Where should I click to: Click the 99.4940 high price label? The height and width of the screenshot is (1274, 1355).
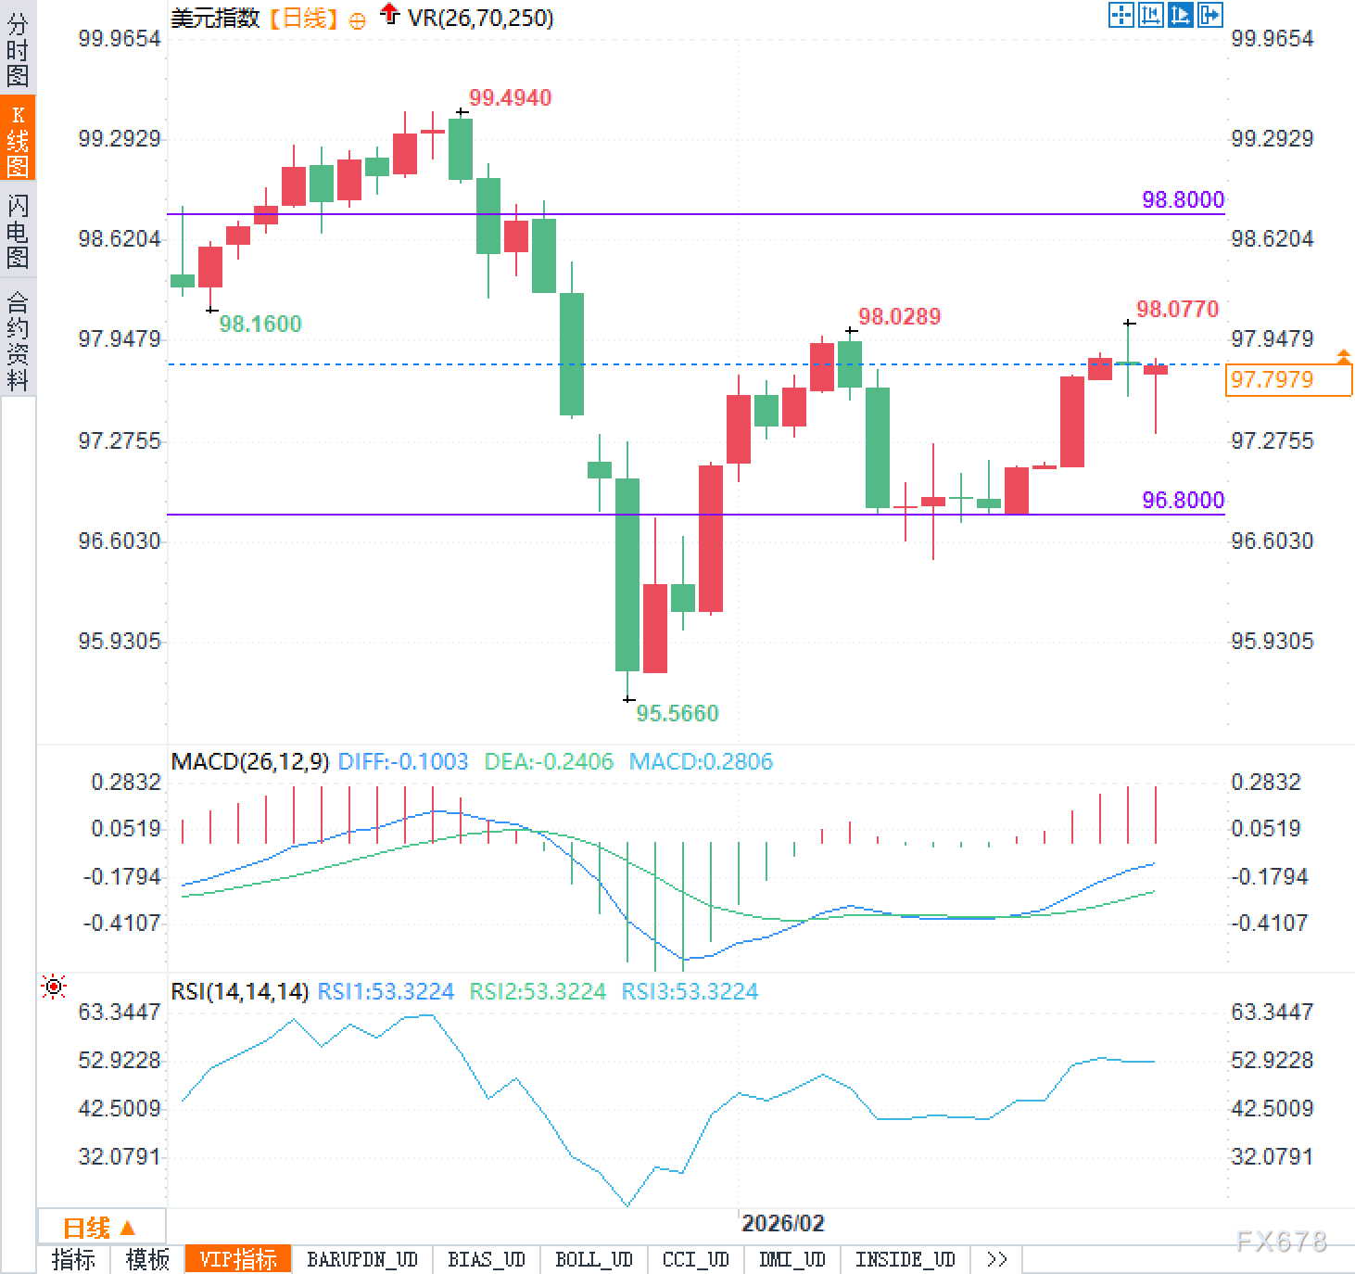click(x=510, y=98)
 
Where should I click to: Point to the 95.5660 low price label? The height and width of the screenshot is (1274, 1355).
click(x=677, y=713)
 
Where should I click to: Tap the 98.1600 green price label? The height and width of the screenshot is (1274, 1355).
click(x=260, y=324)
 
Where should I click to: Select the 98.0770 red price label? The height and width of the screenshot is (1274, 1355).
click(x=1177, y=310)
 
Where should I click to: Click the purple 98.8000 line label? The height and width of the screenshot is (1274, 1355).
click(x=1183, y=200)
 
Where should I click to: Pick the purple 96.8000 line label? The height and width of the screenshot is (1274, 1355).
click(x=1183, y=501)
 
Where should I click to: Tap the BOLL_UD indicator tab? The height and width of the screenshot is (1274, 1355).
click(x=593, y=1259)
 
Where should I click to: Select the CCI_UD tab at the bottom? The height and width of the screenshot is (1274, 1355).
click(x=695, y=1259)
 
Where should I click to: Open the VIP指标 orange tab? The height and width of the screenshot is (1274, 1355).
click(x=238, y=1259)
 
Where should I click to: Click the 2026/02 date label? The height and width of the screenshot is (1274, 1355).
click(x=782, y=1223)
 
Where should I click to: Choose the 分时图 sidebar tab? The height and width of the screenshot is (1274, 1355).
click(x=18, y=50)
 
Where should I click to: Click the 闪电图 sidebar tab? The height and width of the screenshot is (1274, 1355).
click(x=18, y=232)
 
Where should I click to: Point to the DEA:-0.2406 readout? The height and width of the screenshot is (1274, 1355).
click(x=549, y=762)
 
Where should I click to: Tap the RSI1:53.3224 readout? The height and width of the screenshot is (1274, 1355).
click(x=386, y=992)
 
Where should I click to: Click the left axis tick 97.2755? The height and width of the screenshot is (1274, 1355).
click(x=120, y=440)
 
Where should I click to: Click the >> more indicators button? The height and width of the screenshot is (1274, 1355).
click(x=996, y=1259)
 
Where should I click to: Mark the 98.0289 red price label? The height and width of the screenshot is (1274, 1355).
click(x=899, y=317)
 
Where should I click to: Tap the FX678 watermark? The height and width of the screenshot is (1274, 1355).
click(x=1281, y=1242)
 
